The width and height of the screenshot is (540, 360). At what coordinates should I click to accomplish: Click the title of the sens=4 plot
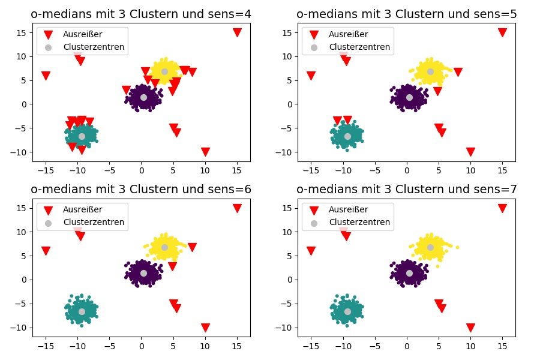click(141, 14)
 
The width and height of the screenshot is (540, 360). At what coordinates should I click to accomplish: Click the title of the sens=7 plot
click(406, 190)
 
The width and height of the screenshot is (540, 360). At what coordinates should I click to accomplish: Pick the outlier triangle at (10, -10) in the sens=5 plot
click(470, 152)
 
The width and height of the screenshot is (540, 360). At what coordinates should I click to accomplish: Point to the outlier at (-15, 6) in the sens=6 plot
click(46, 251)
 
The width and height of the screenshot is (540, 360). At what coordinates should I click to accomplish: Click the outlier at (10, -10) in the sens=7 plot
click(470, 328)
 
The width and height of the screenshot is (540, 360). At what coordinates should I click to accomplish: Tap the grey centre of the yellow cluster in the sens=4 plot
click(164, 71)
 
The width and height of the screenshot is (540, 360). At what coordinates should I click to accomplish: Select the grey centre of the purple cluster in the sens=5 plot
click(409, 97)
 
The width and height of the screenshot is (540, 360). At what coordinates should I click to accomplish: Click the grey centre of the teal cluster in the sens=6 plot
click(82, 311)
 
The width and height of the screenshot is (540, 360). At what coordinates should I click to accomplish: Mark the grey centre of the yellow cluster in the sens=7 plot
click(430, 247)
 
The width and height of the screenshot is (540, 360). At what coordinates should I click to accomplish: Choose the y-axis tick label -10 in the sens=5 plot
click(286, 152)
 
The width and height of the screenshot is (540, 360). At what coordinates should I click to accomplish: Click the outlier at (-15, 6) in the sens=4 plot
click(46, 76)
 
